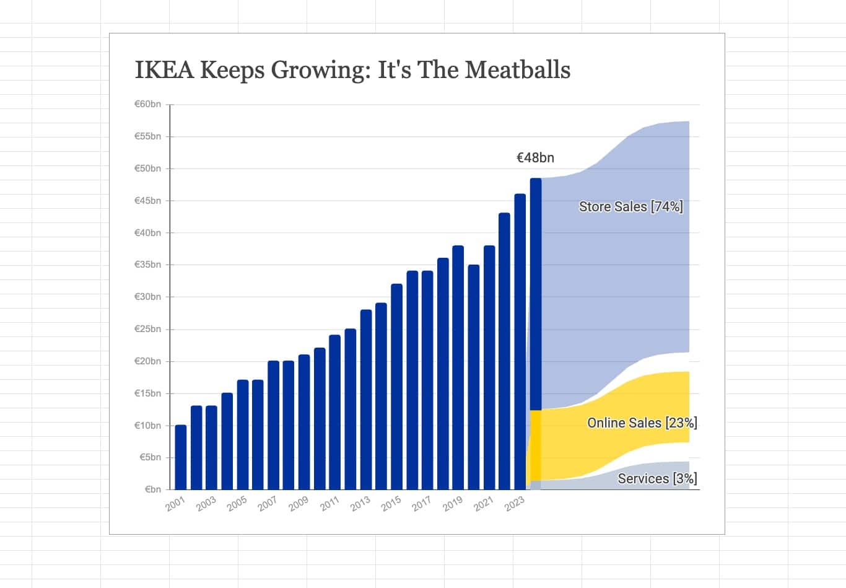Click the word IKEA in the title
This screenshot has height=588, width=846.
coord(164,69)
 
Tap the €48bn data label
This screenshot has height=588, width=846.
coord(535,157)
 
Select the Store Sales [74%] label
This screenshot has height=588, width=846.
coord(630,206)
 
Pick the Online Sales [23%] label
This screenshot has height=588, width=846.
coord(642,423)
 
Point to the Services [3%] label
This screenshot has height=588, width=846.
coord(657,478)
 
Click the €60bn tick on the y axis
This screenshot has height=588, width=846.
coord(147,104)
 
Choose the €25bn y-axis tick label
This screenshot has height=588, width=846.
coord(147,329)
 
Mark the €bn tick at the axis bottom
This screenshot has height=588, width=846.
coord(152,489)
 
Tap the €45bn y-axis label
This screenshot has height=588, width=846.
coord(147,201)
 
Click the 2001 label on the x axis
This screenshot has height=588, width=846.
coord(175,504)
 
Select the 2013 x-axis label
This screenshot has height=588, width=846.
coord(360,504)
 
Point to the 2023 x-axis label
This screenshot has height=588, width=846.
coord(514,504)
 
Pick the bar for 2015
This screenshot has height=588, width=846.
coord(396,387)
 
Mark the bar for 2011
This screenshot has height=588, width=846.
coord(335,412)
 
